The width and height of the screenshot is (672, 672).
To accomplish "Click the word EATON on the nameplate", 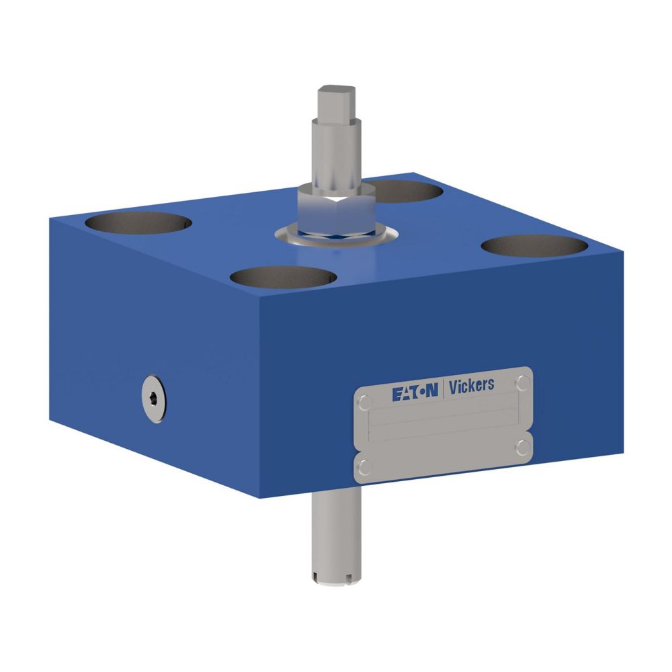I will click(x=415, y=394).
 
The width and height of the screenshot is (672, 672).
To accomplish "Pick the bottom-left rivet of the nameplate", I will click(x=365, y=466).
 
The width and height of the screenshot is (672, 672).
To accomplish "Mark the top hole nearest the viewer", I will click(x=282, y=276).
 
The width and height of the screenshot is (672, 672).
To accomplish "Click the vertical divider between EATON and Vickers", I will click(x=442, y=390).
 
